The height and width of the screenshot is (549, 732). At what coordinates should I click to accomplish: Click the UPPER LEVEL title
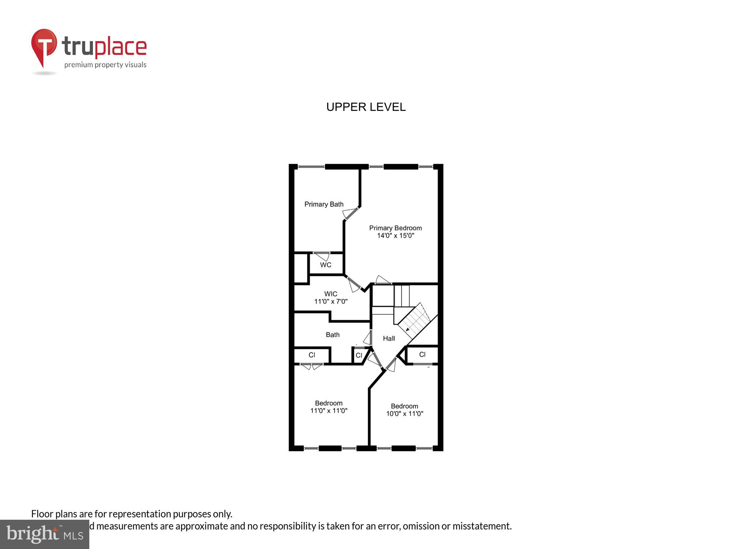(366, 107)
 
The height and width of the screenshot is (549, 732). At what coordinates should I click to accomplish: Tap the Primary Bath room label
(324, 204)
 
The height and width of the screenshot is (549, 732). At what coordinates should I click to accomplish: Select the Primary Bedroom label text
(395, 228)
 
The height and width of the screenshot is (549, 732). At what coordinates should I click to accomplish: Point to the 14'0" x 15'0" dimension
(395, 236)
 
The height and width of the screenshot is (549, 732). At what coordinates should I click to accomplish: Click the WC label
(325, 265)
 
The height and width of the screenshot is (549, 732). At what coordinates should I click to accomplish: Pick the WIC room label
(330, 294)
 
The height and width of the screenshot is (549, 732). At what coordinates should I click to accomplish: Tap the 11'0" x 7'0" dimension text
(330, 302)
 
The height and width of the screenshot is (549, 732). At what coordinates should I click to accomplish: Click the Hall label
(389, 339)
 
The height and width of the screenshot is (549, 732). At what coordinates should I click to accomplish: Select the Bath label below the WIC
(332, 335)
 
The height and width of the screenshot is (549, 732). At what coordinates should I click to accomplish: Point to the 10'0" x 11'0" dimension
(404, 414)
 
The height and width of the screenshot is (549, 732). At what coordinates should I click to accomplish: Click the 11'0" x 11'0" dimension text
(329, 411)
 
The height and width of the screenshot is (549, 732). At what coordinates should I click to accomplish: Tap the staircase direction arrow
(408, 330)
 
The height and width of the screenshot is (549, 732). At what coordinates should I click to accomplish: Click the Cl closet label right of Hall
(422, 355)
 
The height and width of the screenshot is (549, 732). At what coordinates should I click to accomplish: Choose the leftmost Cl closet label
(312, 355)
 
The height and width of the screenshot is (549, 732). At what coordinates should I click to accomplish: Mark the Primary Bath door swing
(350, 213)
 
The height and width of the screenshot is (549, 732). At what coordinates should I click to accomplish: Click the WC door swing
(322, 256)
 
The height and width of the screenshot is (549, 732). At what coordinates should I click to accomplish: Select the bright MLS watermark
(45, 534)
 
